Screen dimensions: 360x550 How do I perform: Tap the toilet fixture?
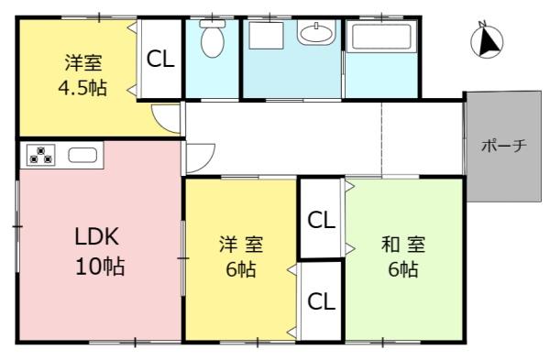[x=212, y=40]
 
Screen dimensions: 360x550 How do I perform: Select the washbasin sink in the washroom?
[x=317, y=35]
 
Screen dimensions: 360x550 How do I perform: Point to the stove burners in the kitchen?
[x=41, y=155]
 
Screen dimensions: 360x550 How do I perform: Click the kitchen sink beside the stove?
[x=82, y=155]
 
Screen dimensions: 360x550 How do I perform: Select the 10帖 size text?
[x=100, y=267]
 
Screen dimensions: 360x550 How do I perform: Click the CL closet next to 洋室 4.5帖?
[x=161, y=60]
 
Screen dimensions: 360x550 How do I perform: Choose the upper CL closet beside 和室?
[x=320, y=220]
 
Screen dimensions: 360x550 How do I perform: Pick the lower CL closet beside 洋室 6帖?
[x=320, y=302]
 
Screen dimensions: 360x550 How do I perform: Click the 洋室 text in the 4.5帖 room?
[x=82, y=64]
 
